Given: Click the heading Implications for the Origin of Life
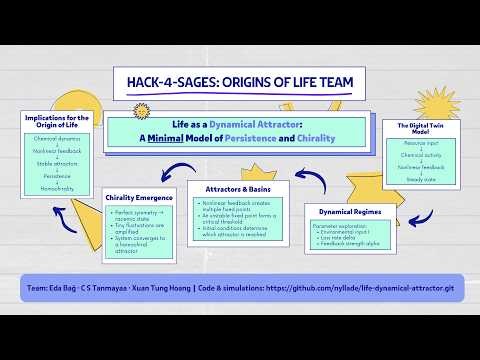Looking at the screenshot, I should (x=57, y=121).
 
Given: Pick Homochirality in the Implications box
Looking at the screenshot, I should (x=57, y=187).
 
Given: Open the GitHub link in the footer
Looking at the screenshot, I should (x=369, y=287).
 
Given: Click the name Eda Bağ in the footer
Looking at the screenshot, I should (x=57, y=287).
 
